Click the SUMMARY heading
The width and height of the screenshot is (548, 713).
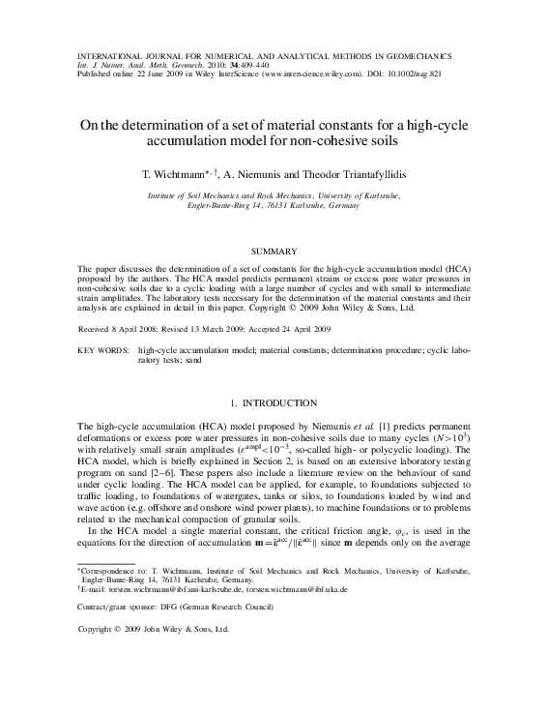coord(274,252)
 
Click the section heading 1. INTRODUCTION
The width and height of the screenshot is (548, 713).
coord(274,401)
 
